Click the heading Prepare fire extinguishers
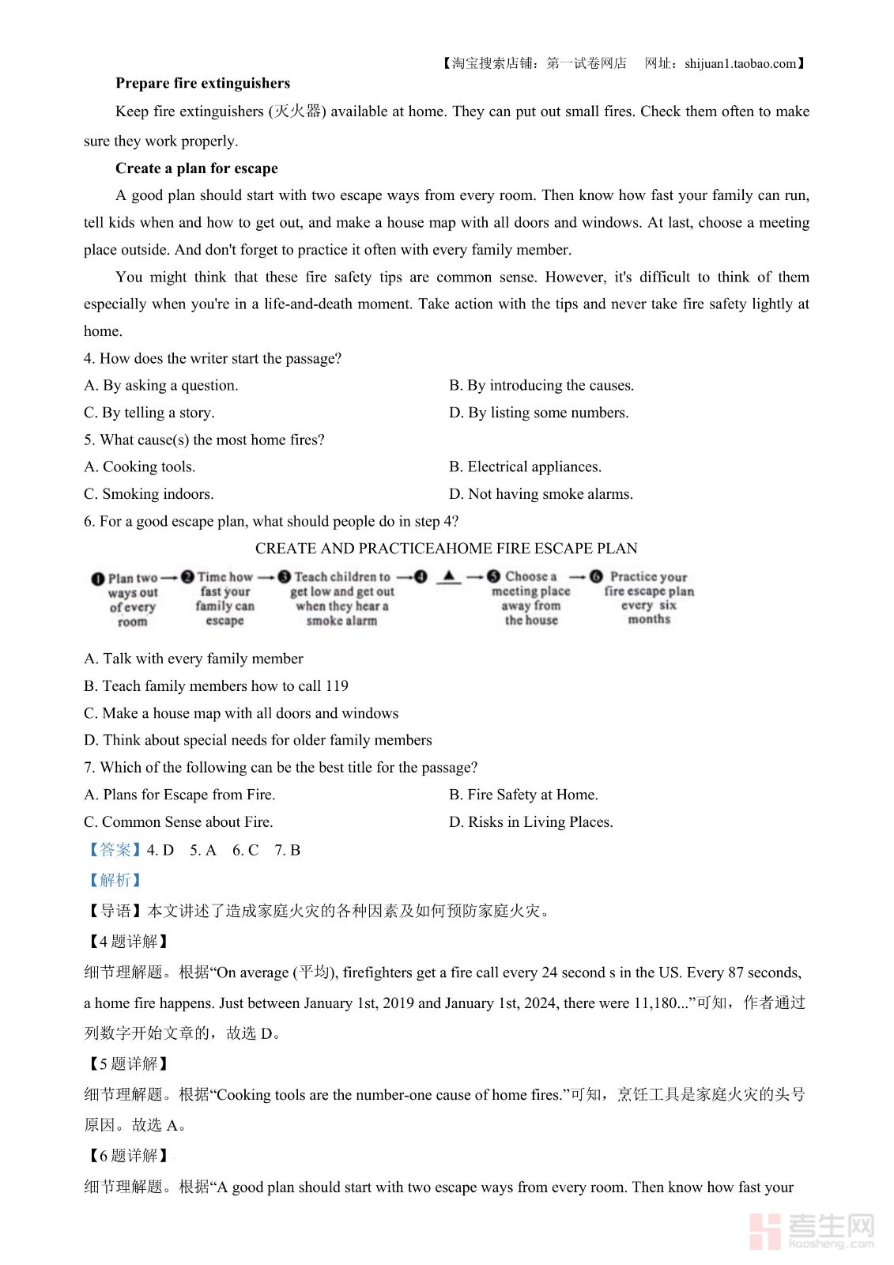[202, 83]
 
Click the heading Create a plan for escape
[196, 168]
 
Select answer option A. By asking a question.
[161, 385]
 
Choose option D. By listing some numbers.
[538, 413]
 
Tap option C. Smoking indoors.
[149, 494]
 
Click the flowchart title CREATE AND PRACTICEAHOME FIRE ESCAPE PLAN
[446, 549]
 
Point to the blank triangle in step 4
[448, 576]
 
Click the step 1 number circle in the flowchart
[98, 579]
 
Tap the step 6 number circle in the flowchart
[596, 577]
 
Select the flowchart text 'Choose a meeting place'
[530, 584]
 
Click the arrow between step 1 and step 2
[168, 577]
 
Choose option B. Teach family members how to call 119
[216, 685]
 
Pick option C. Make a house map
[241, 713]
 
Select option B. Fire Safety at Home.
[523, 795]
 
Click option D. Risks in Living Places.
[530, 822]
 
